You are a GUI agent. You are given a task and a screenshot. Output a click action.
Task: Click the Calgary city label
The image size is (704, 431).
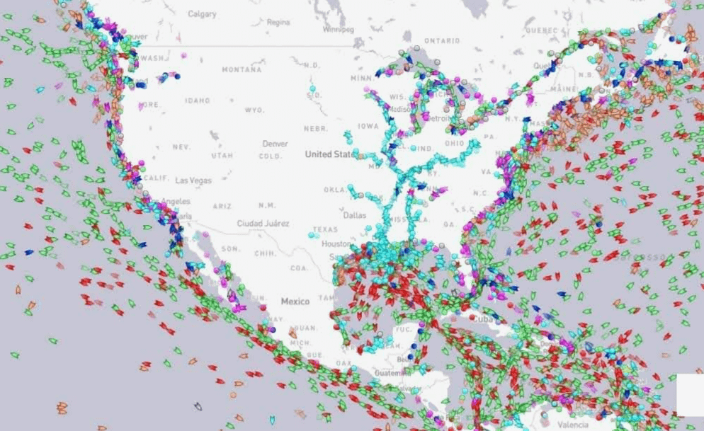(203, 13)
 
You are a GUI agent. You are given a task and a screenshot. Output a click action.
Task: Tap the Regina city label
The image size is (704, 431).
(278, 22)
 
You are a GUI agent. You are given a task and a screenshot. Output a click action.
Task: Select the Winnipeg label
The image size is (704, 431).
(337, 30)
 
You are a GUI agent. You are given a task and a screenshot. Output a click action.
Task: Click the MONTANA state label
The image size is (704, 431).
(242, 70)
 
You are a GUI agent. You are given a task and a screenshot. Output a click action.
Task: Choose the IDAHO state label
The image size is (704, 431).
(197, 100)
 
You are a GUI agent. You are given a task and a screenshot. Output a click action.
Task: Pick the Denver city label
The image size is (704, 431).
(275, 144)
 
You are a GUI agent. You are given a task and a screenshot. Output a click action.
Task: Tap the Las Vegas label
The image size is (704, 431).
(193, 180)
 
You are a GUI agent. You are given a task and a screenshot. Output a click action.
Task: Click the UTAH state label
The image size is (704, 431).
(222, 155)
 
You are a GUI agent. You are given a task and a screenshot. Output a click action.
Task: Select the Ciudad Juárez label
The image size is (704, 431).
(263, 223)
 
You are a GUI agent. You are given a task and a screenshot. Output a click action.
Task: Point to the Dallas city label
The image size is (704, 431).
(356, 214)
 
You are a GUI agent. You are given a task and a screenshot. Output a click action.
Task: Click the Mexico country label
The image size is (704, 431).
(295, 301)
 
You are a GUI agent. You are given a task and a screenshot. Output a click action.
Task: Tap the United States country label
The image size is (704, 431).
(331, 154)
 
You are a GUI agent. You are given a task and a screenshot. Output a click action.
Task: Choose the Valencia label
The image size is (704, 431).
(572, 425)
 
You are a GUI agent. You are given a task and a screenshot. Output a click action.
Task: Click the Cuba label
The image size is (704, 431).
(482, 319)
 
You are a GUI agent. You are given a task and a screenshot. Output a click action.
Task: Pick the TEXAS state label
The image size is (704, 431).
(325, 229)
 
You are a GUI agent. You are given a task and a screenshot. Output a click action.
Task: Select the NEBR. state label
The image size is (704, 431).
(314, 129)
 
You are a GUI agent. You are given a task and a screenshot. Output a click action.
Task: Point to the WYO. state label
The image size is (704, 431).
(255, 110)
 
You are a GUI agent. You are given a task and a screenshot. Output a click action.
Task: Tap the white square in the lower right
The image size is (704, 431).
(690, 394)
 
